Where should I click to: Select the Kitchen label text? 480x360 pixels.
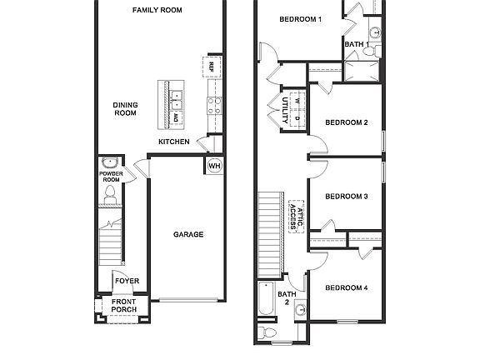point(174,142)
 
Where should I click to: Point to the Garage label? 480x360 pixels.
point(187,235)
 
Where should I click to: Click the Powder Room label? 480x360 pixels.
point(110,177)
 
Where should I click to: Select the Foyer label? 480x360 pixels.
point(127,281)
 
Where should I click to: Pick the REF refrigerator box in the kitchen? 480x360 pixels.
point(212,67)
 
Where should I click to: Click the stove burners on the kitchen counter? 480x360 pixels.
point(212,105)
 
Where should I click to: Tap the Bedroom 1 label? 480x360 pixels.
point(300,19)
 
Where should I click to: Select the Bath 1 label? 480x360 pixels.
point(357,44)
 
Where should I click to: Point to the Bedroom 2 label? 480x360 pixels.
point(346,122)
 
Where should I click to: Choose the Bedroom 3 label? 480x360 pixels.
point(346,197)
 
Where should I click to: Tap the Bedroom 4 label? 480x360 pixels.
point(346,287)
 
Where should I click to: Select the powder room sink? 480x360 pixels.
point(109,162)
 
